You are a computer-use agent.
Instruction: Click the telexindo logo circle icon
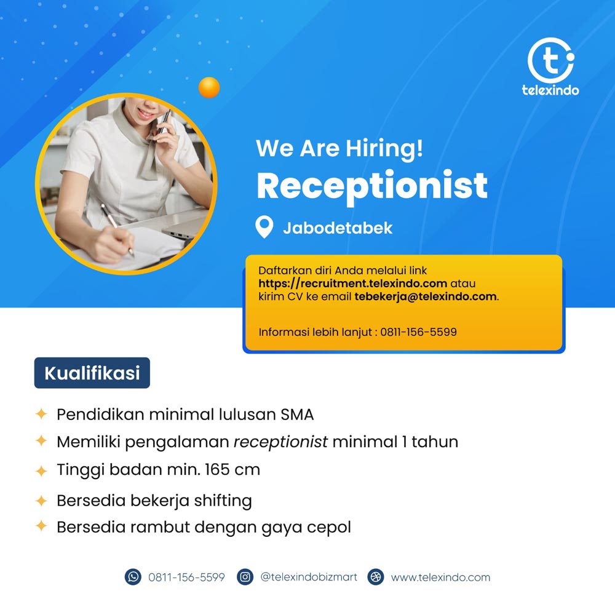pyautogui.click(x=550, y=60)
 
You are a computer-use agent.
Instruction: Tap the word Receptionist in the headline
pyautogui.click(x=372, y=186)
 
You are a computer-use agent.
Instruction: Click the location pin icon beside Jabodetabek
pyautogui.click(x=264, y=227)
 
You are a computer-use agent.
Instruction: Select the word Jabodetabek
pyautogui.click(x=338, y=228)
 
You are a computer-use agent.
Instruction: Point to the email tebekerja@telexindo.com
pyautogui.click(x=426, y=296)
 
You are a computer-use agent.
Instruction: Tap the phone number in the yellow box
pyautogui.click(x=418, y=332)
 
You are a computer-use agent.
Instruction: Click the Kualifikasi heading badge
pyautogui.click(x=92, y=373)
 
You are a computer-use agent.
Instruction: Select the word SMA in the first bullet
pyautogui.click(x=297, y=415)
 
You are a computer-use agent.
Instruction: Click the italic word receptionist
pyautogui.click(x=280, y=442)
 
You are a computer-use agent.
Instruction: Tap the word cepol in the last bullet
pyautogui.click(x=328, y=528)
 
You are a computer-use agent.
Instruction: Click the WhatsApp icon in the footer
pyautogui.click(x=133, y=577)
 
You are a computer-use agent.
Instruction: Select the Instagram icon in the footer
pyautogui.click(x=245, y=577)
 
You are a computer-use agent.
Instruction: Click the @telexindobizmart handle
pyautogui.click(x=309, y=577)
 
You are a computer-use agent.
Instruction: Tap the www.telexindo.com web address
pyautogui.click(x=440, y=577)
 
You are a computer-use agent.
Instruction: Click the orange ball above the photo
pyautogui.click(x=209, y=87)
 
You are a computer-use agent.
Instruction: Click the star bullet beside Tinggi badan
pyautogui.click(x=41, y=470)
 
